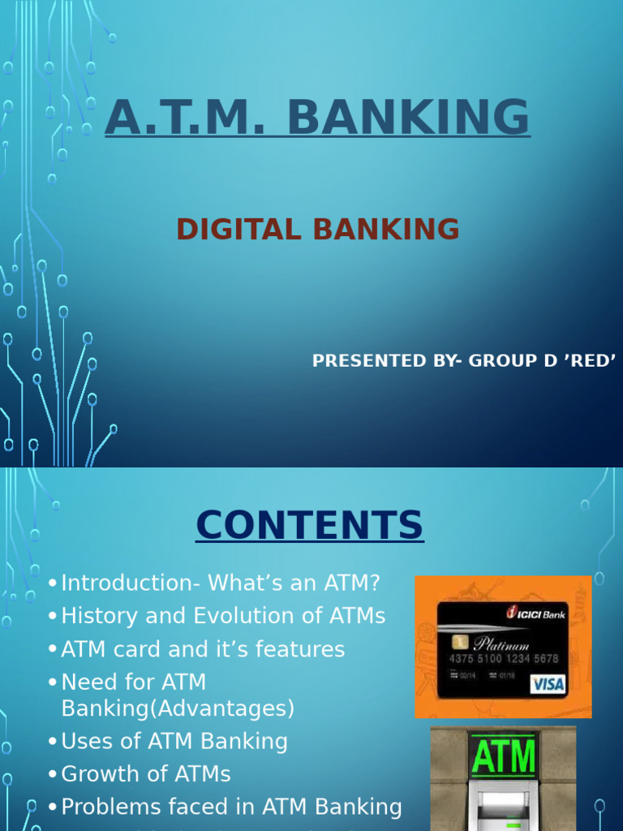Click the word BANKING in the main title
(x=408, y=118)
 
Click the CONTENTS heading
(x=309, y=525)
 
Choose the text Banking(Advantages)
(x=178, y=708)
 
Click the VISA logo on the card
(x=548, y=684)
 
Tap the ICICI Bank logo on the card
(x=536, y=612)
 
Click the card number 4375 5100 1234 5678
(x=505, y=657)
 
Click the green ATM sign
(x=503, y=757)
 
